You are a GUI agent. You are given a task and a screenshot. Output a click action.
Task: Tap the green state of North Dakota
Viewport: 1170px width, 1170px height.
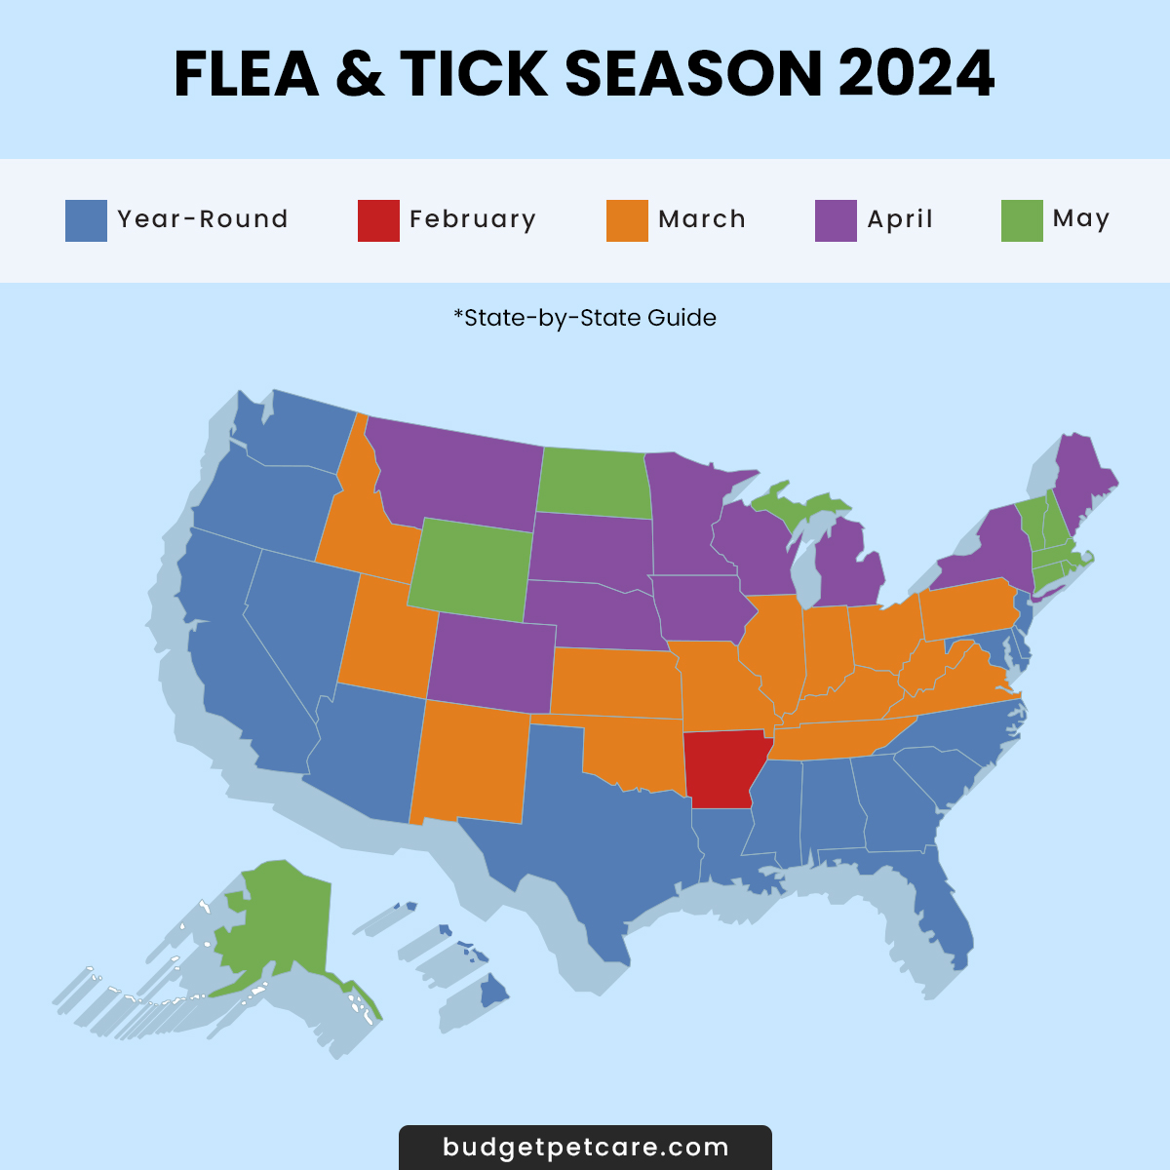click(x=592, y=483)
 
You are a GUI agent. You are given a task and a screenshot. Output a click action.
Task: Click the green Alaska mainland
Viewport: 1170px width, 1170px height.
click(x=283, y=916)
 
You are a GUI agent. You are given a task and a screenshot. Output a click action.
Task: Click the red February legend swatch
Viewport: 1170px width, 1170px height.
click(x=378, y=220)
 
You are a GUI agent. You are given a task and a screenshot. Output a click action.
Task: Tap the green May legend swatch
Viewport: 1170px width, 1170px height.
click(x=1022, y=220)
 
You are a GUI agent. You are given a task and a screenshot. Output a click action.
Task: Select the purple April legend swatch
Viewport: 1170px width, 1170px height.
click(x=836, y=220)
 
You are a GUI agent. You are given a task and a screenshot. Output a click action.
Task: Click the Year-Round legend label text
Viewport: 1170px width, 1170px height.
click(x=203, y=219)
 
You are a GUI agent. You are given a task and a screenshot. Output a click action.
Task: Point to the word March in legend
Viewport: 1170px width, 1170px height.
click(x=702, y=219)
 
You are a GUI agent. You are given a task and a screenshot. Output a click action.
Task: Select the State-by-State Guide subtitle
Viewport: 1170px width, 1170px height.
click(x=585, y=318)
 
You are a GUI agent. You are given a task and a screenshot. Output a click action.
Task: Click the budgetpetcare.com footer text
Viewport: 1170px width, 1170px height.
click(x=585, y=1148)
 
